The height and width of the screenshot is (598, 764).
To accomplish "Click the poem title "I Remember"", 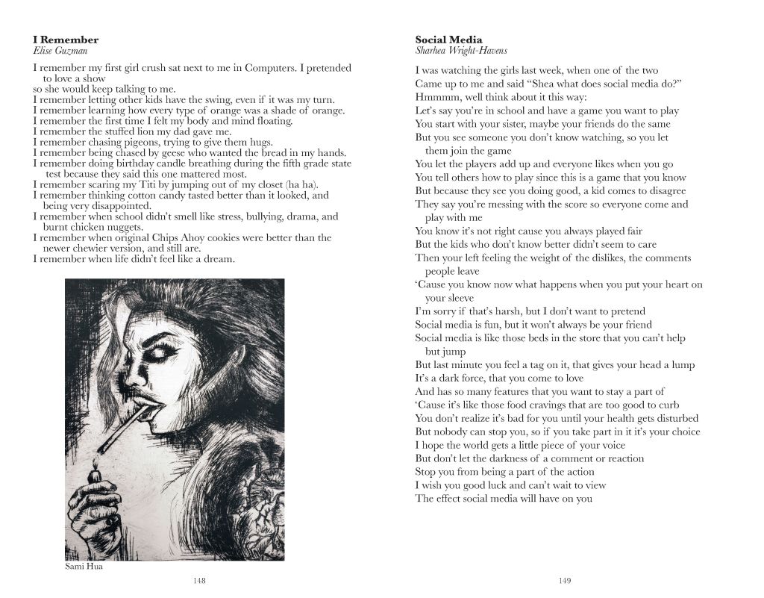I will (x=66, y=40).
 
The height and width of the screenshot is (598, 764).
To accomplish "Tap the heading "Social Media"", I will (x=448, y=40).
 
